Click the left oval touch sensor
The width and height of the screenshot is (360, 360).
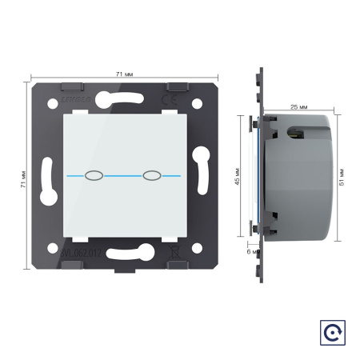pos(93,174)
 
